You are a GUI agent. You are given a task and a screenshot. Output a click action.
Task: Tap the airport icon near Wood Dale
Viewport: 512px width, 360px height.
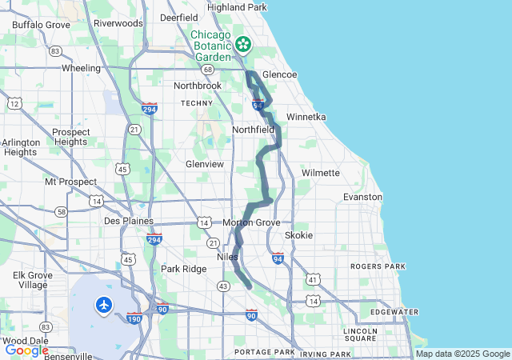[x=104, y=304]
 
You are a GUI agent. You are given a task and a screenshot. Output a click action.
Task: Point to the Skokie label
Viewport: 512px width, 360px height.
[x=299, y=235]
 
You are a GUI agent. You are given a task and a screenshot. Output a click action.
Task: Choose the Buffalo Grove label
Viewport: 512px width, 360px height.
[x=42, y=25]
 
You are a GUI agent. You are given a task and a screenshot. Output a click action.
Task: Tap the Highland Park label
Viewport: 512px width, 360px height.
[x=237, y=7]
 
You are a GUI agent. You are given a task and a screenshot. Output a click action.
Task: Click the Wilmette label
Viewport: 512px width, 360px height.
[x=321, y=173]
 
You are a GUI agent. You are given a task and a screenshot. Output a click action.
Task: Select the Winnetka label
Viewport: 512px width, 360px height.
[x=306, y=117]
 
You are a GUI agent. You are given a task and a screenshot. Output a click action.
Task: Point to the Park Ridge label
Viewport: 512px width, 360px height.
[x=183, y=269]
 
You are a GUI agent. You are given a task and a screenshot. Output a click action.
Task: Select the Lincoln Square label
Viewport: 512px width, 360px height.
[x=360, y=335]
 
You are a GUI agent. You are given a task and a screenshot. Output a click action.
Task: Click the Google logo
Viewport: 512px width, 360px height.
[x=26, y=350]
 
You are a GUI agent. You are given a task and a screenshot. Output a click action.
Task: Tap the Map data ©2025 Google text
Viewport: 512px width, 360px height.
[x=462, y=354]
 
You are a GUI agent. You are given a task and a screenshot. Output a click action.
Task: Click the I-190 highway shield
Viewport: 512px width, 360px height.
[x=134, y=318]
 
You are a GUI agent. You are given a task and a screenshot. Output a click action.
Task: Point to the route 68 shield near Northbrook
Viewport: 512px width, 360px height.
[x=208, y=70]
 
